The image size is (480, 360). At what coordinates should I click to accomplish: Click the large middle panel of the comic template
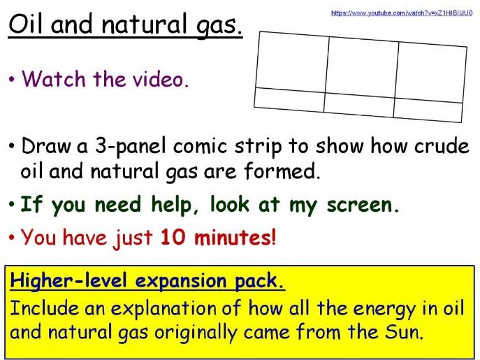(x=362, y=66)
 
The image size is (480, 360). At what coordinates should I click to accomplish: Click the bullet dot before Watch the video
(x=13, y=80)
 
